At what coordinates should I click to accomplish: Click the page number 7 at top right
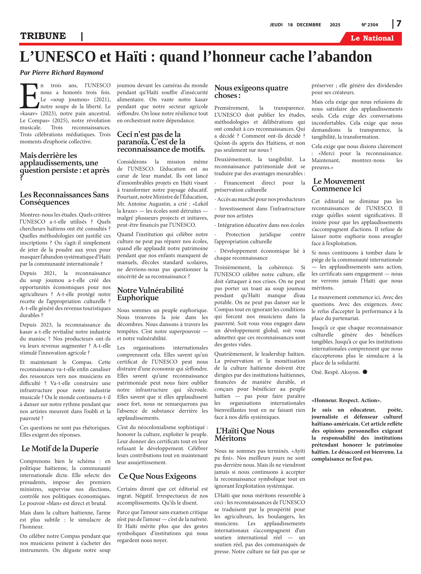click(x=399, y=24)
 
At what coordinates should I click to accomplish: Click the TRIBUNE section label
click(x=43, y=36)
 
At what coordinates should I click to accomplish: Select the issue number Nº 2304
click(x=370, y=25)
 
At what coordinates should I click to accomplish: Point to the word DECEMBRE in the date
click(x=309, y=25)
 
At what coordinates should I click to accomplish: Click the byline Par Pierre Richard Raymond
click(x=61, y=73)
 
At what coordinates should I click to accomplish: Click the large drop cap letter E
click(x=29, y=96)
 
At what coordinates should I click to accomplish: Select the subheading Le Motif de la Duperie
click(x=60, y=448)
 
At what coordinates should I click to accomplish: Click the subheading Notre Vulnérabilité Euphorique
click(x=150, y=294)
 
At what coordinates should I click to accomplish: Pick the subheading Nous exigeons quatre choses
click(x=251, y=91)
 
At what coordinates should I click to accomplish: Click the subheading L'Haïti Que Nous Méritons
click(x=245, y=434)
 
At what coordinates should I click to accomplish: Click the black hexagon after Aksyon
click(x=365, y=372)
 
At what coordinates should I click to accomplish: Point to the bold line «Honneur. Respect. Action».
click(x=346, y=400)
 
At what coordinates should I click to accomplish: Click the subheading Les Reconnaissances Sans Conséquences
click(x=64, y=198)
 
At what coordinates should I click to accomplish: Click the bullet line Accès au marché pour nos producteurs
click(x=259, y=199)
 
